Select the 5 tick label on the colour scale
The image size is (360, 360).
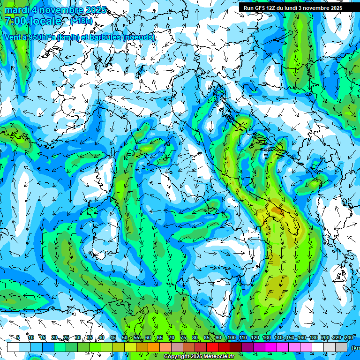(18, 337)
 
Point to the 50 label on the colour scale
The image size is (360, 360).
(125, 337)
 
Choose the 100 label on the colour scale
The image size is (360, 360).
(231, 337)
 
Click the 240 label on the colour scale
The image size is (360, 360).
(348, 337)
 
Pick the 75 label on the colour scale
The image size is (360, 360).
(183, 337)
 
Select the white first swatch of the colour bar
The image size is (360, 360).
(13, 347)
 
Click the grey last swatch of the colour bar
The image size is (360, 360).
(342, 347)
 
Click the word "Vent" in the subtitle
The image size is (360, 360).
(13, 37)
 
